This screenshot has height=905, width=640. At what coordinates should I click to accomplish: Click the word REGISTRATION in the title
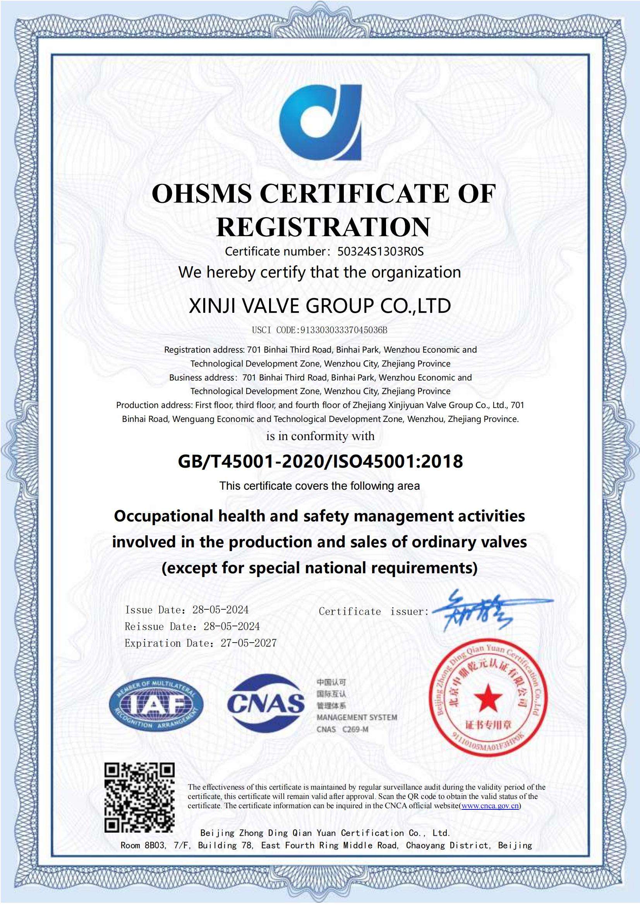323,227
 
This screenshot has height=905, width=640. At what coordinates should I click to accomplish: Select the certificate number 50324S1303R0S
381,252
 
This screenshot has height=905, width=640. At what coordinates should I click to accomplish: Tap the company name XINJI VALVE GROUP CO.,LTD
320,306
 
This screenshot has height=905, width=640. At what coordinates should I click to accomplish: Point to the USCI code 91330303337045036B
344,330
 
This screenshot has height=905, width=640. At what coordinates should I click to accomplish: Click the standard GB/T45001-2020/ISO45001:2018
320,461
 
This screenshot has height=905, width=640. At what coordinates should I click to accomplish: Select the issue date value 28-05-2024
220,610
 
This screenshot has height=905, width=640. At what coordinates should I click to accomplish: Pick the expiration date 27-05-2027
249,643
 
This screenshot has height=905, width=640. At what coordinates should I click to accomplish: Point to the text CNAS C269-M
342,729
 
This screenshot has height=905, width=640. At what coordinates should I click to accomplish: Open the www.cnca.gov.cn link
490,806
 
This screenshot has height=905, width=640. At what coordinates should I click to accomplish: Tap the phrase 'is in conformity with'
320,436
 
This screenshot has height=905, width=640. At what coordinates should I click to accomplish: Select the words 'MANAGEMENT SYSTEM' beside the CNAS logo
357,717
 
